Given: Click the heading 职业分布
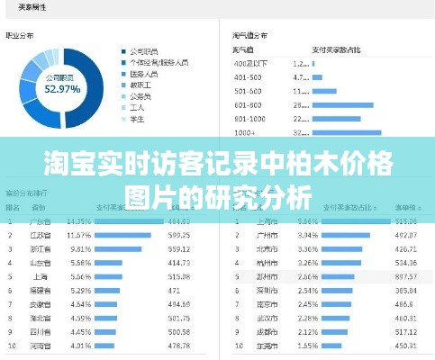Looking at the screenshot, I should coord(20,36).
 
